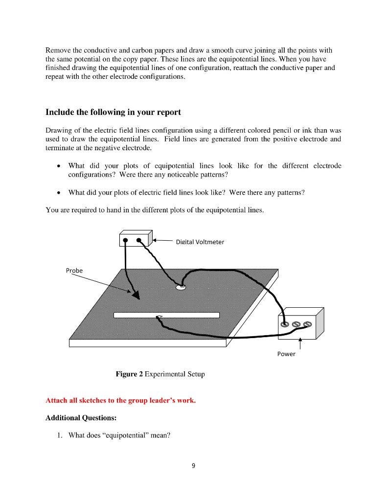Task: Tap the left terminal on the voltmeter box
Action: [x=126, y=240]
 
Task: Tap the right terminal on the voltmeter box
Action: [x=140, y=240]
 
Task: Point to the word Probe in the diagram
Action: [x=74, y=271]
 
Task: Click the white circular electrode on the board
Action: [x=180, y=288]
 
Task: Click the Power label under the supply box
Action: [x=286, y=354]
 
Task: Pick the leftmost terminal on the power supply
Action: [x=285, y=324]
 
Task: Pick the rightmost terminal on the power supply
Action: [x=307, y=324]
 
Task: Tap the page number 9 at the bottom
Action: [x=193, y=466]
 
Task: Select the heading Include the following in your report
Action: [x=113, y=112]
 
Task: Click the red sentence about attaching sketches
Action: [x=120, y=401]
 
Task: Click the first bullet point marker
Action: [x=59, y=166]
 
